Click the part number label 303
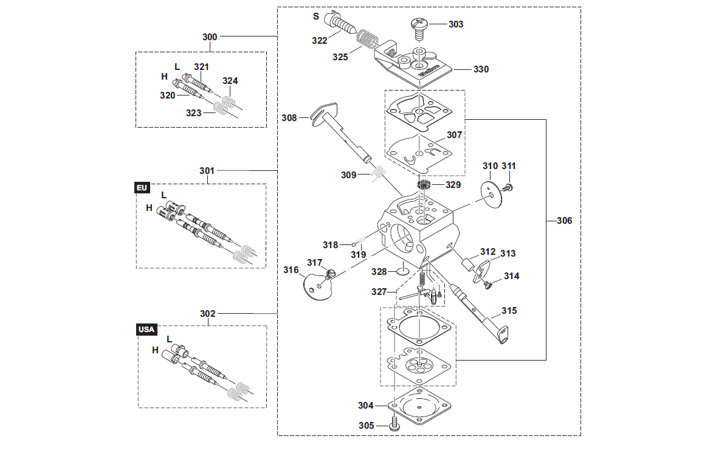pyautogui.click(x=456, y=24)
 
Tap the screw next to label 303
pyautogui.click(x=419, y=28)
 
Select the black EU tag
pyautogui.click(x=142, y=187)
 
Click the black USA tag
pyautogui.click(x=146, y=330)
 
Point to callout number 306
pyautogui.click(x=564, y=221)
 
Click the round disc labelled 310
pyautogui.click(x=491, y=194)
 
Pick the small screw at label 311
pyautogui.click(x=508, y=187)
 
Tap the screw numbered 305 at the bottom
pyautogui.click(x=394, y=424)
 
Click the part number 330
pyautogui.click(x=481, y=69)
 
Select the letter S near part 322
pyautogui.click(x=316, y=16)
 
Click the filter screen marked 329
pyautogui.click(x=424, y=185)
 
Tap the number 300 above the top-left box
pyautogui.click(x=210, y=37)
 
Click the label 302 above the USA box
pyautogui.click(x=207, y=314)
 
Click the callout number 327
pyautogui.click(x=379, y=291)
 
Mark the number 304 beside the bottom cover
pyautogui.click(x=365, y=405)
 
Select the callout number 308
pyautogui.click(x=289, y=118)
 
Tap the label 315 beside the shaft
pyautogui.click(x=509, y=311)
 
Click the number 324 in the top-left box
pyautogui.click(x=230, y=80)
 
